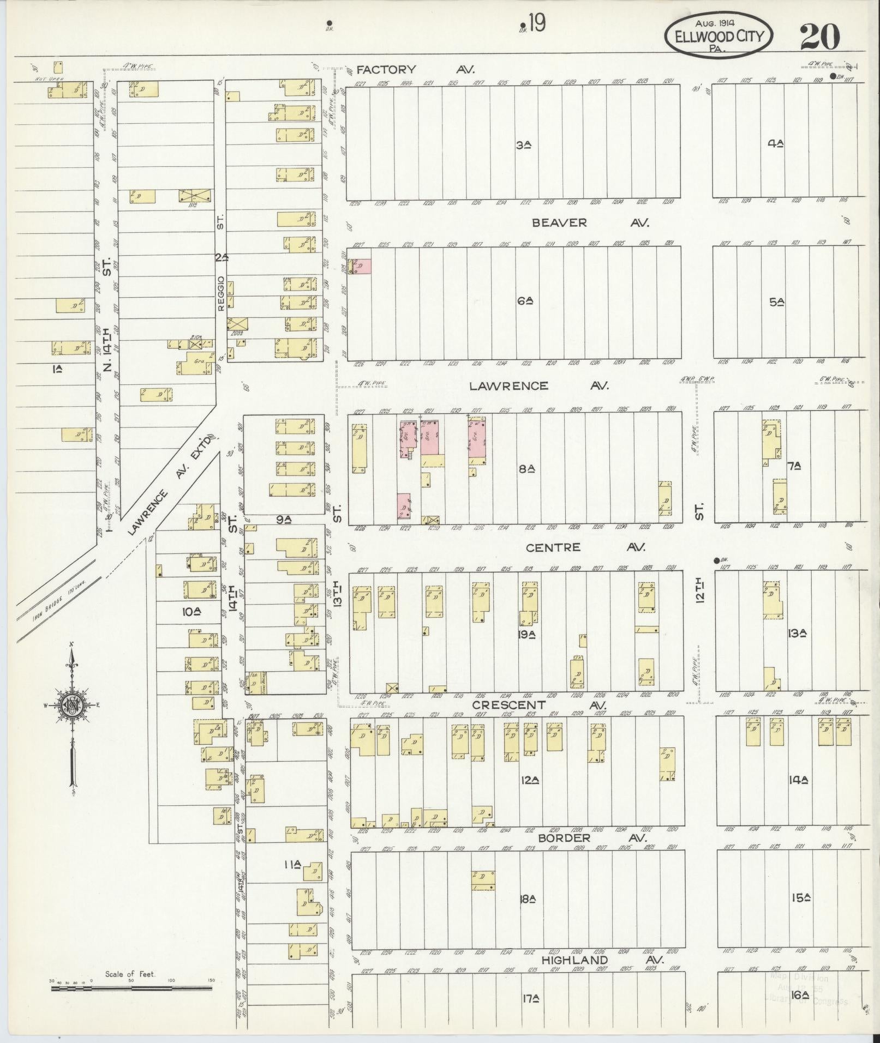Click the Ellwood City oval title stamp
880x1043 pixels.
click(x=718, y=35)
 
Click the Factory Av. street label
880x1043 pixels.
click(x=415, y=70)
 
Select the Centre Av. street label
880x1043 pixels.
click(x=585, y=547)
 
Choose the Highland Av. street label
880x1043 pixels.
click(x=602, y=960)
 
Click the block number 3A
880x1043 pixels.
click(x=523, y=145)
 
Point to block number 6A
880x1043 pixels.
click(x=525, y=300)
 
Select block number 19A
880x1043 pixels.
click(x=527, y=634)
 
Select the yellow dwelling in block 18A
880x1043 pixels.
click(x=483, y=881)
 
